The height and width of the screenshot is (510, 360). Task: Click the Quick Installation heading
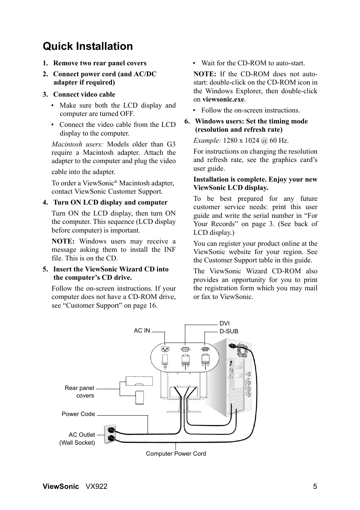tap(88, 46)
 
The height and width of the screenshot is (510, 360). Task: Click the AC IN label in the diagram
tap(142, 331)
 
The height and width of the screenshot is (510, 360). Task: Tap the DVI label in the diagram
tap(225, 323)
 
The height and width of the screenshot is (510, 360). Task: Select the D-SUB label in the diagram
tap(229, 331)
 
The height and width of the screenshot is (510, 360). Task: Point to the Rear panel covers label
tap(80, 391)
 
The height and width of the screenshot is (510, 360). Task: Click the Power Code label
tap(78, 414)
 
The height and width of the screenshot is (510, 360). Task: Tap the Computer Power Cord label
tap(176, 454)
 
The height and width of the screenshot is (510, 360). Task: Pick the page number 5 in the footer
tap(315, 487)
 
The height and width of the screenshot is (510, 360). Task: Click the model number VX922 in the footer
tap(96, 487)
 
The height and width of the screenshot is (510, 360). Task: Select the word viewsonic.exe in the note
tap(223, 100)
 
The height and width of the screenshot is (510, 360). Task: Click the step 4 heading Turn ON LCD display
tap(110, 203)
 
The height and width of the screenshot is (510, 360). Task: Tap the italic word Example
tap(207, 140)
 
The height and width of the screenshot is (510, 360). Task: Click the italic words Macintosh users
tap(77, 144)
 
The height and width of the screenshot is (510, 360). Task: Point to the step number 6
tap(187, 121)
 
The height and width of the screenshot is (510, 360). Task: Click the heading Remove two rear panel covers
tap(100, 63)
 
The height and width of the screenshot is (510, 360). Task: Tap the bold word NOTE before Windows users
tap(63, 241)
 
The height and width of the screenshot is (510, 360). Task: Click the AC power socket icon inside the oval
tap(165, 350)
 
